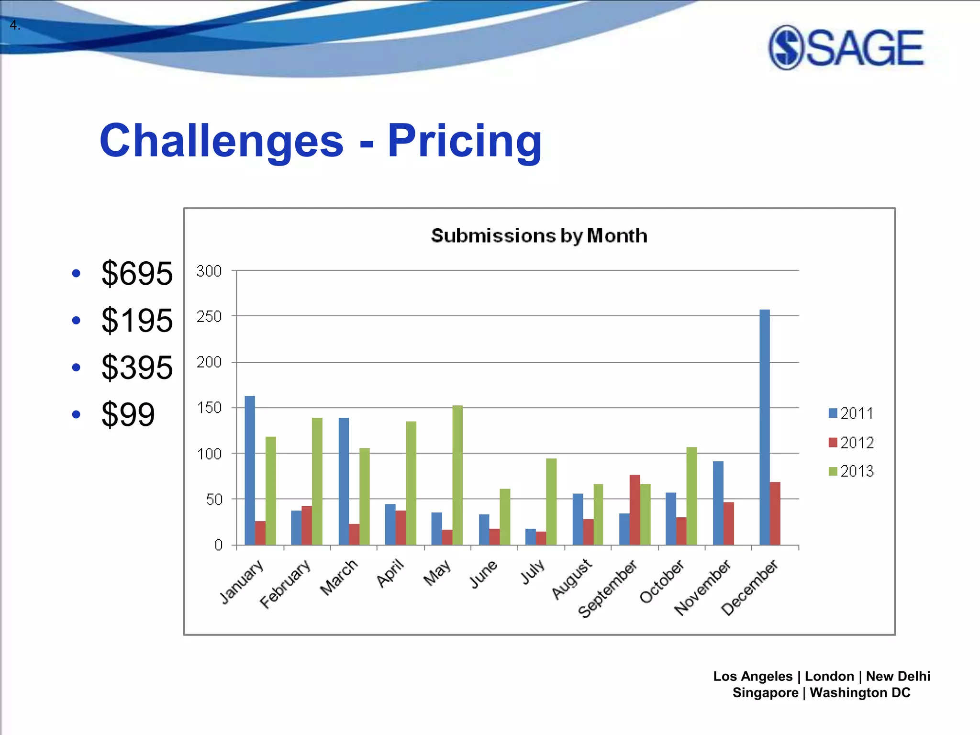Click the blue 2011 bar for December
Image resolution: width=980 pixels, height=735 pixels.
pos(765,427)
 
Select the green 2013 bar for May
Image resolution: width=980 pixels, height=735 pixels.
pos(457,475)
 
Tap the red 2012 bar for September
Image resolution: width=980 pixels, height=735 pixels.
pos(635,510)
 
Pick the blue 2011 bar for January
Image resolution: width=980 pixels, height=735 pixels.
pos(249,470)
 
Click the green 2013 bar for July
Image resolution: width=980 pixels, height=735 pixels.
pos(551,501)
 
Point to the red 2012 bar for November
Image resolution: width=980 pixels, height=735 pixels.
pos(728,523)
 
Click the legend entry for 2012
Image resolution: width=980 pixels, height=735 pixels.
pos(851,443)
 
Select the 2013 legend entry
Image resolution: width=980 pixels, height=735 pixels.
pos(851,471)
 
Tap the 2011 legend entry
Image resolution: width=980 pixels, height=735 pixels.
pos(851,413)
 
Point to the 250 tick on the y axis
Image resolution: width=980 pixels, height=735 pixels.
pos(209,316)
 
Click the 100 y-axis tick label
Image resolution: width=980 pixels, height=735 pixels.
pos(209,454)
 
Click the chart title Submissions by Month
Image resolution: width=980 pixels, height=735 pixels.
pos(539,236)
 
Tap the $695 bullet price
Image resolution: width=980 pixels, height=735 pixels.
pos(137,274)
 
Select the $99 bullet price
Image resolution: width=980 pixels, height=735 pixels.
pos(128,414)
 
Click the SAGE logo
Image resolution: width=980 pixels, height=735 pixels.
pos(846,47)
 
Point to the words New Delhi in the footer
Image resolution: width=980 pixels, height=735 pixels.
pos(898,676)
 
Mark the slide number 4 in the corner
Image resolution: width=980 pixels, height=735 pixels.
pos(14,25)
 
